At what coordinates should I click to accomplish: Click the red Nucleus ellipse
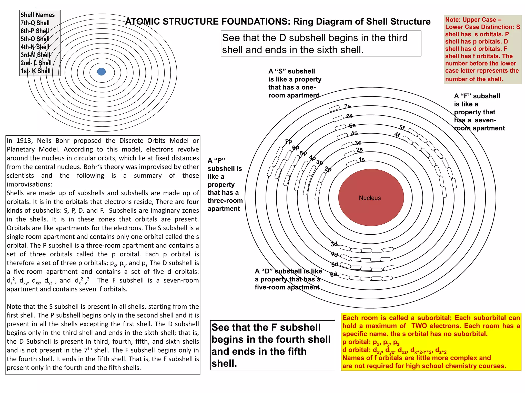coord(371,198)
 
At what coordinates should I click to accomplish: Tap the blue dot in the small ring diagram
coord(102,72)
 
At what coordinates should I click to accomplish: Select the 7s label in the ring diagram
coord(347,106)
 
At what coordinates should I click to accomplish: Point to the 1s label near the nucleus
coord(361,160)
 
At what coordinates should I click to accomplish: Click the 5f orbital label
coord(402,128)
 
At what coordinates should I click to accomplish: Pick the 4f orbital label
coord(397,134)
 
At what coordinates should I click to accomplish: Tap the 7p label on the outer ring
coord(288,141)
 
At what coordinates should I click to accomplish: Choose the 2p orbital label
coord(328,169)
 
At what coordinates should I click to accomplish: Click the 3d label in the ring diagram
coord(334,244)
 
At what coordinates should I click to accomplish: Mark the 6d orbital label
coord(334,274)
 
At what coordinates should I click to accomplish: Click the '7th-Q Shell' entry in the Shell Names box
coord(35,23)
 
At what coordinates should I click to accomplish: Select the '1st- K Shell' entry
coord(36,71)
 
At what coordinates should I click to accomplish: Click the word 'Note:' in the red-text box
coord(452,20)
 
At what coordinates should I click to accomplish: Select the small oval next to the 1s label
coord(351,163)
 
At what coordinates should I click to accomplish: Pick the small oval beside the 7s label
coord(334,109)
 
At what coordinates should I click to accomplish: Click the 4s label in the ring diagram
coord(354,133)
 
